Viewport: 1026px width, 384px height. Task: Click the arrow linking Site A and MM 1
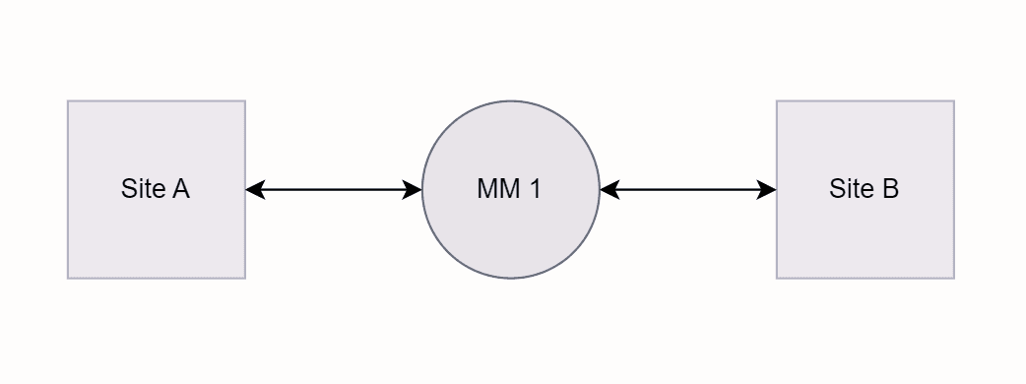point(333,190)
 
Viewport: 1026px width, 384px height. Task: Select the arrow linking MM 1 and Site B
point(687,190)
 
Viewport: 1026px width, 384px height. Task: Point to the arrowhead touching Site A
point(254,190)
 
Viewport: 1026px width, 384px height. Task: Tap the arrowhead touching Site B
point(767,190)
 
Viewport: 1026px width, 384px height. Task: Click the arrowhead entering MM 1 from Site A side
point(413,190)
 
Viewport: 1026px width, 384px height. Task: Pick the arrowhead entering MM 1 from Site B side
point(609,190)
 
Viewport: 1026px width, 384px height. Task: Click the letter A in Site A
point(180,189)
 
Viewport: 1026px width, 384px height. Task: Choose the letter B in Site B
point(890,189)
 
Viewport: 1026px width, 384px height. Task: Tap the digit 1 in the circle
point(535,189)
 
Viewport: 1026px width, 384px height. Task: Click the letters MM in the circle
point(497,189)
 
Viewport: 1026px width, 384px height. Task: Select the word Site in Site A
point(143,189)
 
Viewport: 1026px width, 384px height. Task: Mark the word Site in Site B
point(852,189)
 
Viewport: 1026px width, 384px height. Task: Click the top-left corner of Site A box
point(68,101)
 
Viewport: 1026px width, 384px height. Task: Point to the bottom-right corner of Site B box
point(953,278)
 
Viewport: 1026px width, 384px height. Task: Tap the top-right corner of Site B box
point(953,101)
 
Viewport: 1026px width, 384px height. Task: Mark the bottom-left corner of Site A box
point(68,278)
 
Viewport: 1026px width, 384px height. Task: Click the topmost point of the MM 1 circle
point(510,101)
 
